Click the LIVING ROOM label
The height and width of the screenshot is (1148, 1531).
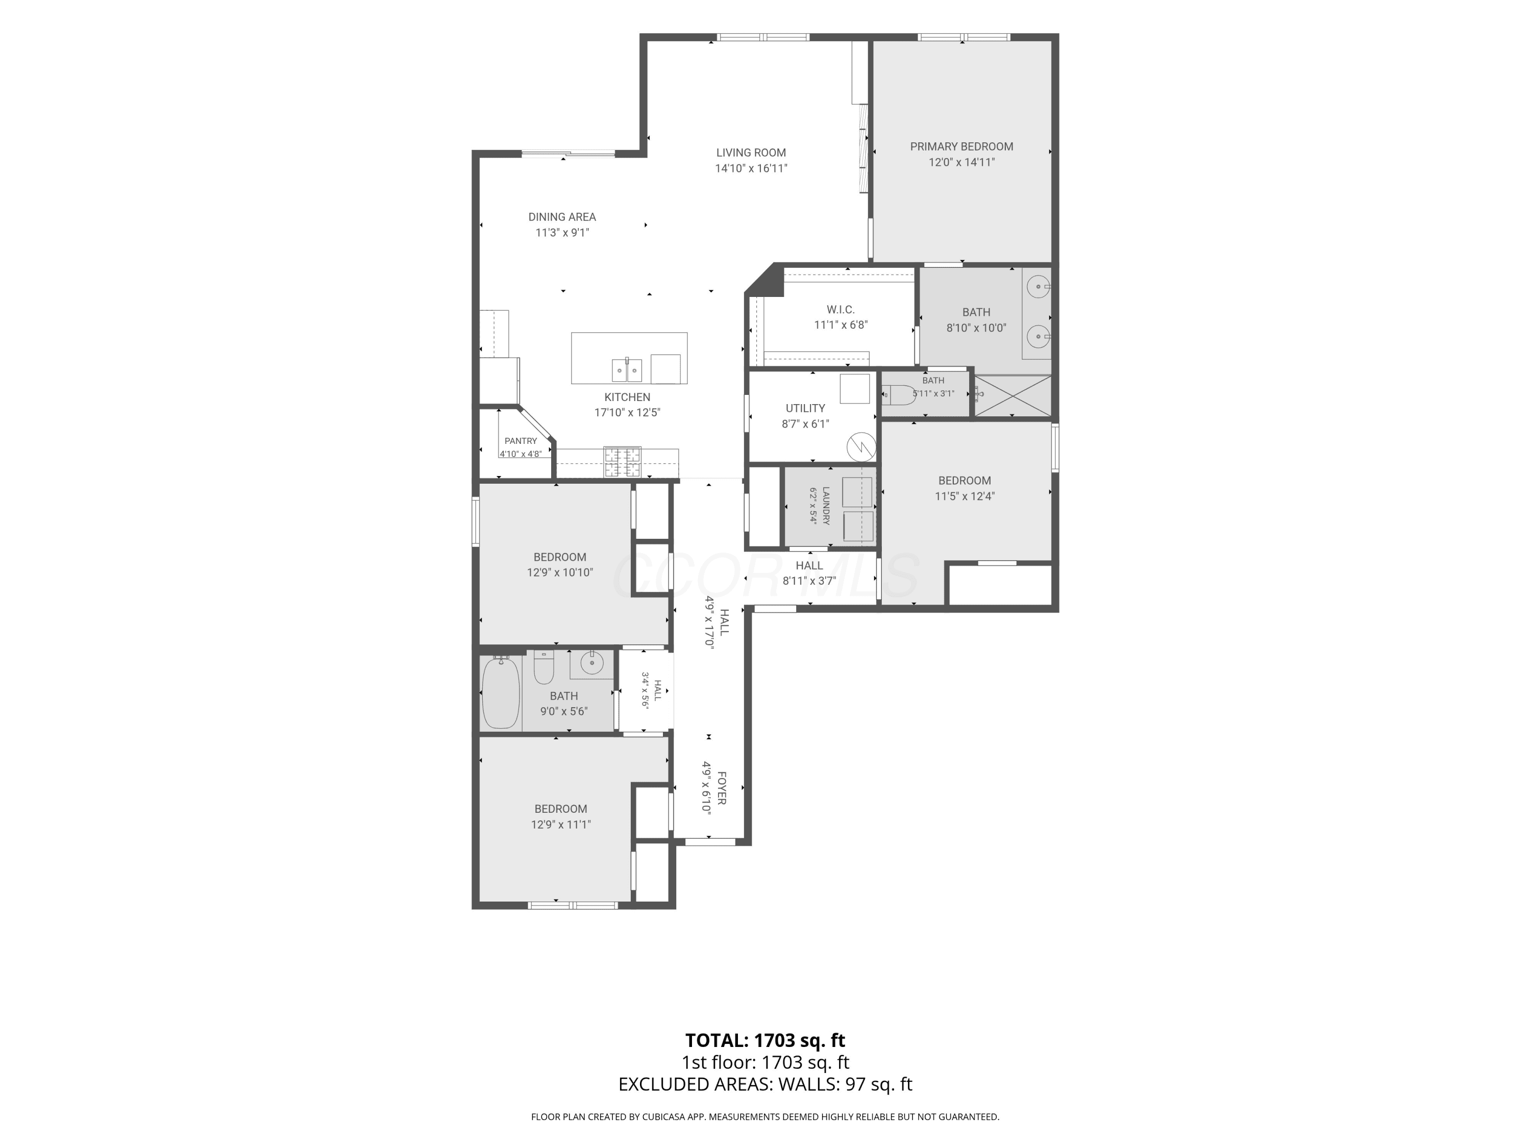751,153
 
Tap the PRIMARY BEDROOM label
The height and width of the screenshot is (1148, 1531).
961,147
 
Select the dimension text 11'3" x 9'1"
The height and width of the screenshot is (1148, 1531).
562,233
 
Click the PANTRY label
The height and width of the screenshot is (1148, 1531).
521,441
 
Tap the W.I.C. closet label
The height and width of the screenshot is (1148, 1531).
840,309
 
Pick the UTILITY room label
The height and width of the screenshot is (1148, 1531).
805,408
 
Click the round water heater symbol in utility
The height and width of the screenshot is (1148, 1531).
862,446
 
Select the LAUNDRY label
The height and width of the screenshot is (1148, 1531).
826,505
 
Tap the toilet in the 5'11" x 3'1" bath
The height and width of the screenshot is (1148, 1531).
898,395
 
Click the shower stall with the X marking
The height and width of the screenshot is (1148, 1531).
1013,396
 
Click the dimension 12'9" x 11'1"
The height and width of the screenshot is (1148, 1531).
561,824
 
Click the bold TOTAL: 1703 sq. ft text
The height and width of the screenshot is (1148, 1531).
765,1040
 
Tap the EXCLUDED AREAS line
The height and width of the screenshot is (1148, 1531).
765,1084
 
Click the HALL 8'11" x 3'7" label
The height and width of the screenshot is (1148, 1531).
809,573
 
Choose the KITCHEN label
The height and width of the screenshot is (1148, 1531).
627,397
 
